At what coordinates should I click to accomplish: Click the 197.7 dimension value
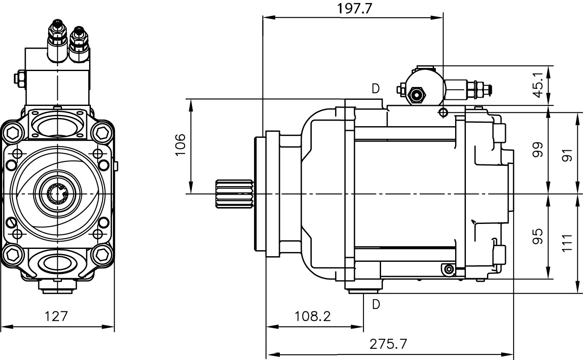355,9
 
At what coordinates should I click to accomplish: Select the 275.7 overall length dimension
388,344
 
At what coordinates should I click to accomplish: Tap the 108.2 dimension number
313,317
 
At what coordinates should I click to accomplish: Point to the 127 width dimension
56,317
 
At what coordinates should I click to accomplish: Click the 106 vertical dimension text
180,145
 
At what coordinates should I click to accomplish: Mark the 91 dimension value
568,155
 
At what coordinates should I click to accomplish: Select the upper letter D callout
376,89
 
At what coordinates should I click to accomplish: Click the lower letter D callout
376,304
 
